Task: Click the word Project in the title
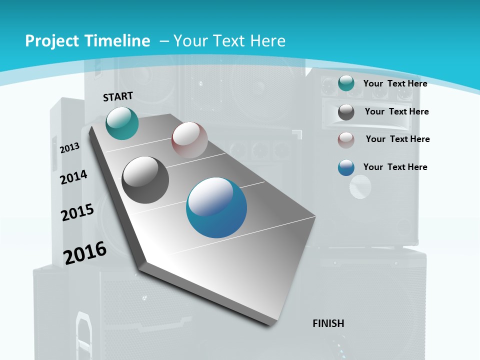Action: pyautogui.click(x=50, y=41)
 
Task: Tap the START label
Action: pyautogui.click(x=118, y=96)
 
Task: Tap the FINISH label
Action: pyautogui.click(x=328, y=323)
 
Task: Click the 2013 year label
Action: pyautogui.click(x=70, y=148)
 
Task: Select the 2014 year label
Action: pyautogui.click(x=74, y=177)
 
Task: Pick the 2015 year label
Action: pyautogui.click(x=77, y=212)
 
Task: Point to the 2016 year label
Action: pyautogui.click(x=85, y=253)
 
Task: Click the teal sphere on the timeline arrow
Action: pyautogui.click(x=122, y=123)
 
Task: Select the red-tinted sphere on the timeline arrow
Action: pyautogui.click(x=189, y=140)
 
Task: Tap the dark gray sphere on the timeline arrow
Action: pyautogui.click(x=145, y=180)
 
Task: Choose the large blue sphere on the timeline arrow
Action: pyautogui.click(x=216, y=207)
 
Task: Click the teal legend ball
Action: pyautogui.click(x=346, y=83)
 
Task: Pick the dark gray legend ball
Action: pyautogui.click(x=346, y=112)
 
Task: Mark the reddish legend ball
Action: pyautogui.click(x=346, y=140)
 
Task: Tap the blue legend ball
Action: pyautogui.click(x=346, y=167)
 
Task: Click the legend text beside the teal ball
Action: pyautogui.click(x=395, y=83)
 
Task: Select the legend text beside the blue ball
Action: pyautogui.click(x=395, y=167)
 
